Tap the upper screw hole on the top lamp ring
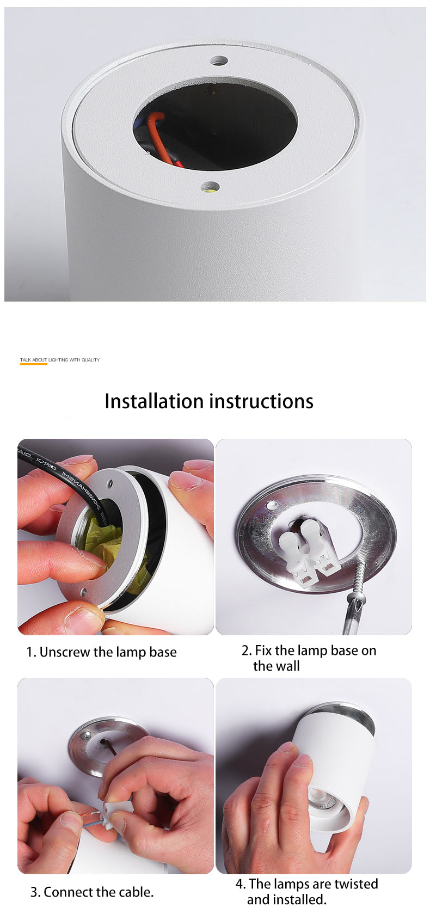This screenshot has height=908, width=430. pos(219,60)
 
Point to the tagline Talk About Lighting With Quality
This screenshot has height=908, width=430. pos(60,360)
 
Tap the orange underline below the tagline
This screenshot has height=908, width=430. pos(34,364)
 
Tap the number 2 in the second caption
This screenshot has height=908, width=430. pos(245,651)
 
